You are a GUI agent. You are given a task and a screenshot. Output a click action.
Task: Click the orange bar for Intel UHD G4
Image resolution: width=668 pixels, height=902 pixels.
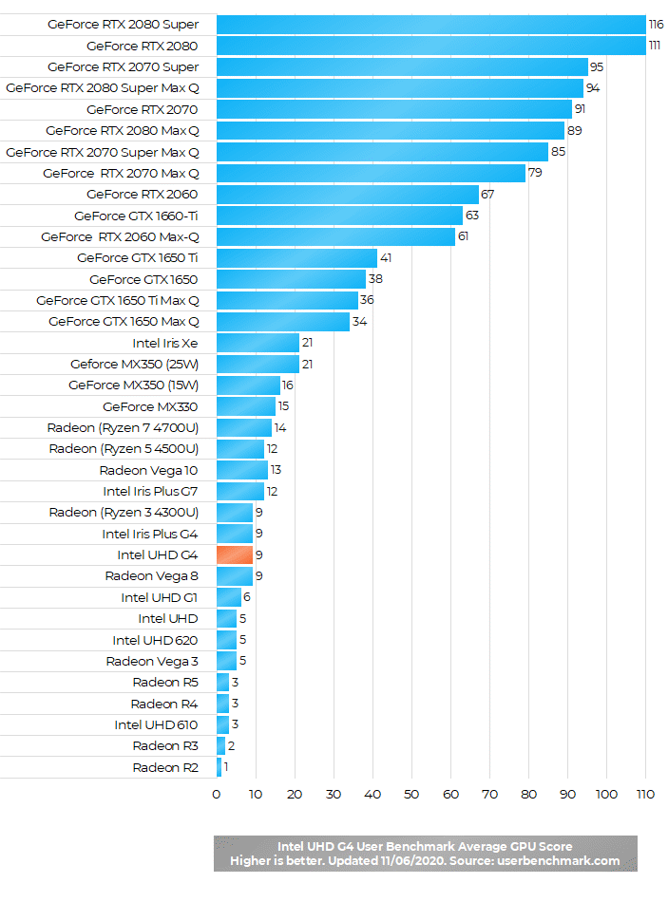point(235,554)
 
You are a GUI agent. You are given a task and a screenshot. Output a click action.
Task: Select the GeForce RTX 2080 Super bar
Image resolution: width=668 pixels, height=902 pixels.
point(430,25)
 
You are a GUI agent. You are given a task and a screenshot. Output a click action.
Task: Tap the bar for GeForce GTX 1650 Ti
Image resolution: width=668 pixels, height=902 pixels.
point(296,257)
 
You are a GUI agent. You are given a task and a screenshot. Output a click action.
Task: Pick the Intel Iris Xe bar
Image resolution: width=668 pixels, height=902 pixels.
point(258,343)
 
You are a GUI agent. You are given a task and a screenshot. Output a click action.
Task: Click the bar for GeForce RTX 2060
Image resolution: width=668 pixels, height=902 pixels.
point(347,194)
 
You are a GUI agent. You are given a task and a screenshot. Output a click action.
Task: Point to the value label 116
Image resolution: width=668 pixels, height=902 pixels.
point(656,25)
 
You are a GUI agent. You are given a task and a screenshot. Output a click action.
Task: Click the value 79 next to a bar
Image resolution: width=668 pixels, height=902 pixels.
point(535,173)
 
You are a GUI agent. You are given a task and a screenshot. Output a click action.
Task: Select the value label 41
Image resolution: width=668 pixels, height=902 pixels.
point(385,257)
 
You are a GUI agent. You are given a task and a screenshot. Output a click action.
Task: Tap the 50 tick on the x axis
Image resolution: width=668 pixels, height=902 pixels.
point(411,794)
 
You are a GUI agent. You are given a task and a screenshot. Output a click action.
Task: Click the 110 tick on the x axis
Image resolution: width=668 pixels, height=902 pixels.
point(645,794)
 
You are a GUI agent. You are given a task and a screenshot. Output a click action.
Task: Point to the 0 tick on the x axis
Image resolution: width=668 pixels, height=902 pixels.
point(217,794)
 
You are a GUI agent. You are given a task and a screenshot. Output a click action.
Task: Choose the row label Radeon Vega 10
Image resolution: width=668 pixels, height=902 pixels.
point(148,470)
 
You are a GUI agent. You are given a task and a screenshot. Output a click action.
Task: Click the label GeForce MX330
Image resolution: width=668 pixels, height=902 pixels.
point(150,406)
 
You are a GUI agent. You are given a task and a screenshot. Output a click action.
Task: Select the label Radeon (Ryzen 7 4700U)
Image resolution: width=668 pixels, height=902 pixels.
point(123,427)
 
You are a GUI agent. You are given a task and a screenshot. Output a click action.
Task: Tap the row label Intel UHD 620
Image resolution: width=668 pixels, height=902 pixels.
point(155,640)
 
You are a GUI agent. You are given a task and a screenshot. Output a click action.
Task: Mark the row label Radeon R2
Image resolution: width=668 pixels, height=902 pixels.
point(165,767)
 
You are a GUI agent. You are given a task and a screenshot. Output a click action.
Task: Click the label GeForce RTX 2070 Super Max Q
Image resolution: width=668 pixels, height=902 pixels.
point(103,152)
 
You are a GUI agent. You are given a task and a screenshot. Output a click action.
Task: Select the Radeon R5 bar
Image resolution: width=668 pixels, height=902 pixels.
point(222,682)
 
